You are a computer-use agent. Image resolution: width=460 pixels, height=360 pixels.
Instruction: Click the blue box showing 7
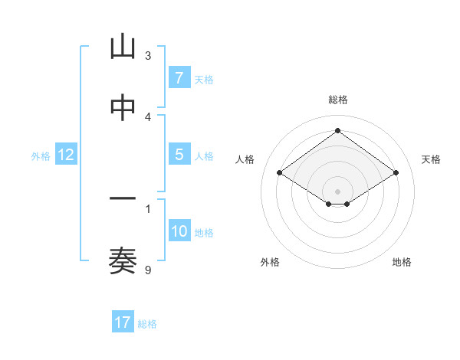pyautogui.click(x=179, y=78)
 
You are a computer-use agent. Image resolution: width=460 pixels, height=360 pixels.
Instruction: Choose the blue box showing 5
pyautogui.click(x=179, y=155)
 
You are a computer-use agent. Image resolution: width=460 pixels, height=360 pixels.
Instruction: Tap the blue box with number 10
pyautogui.click(x=179, y=231)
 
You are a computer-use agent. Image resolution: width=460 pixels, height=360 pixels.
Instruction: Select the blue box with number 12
pyautogui.click(x=66, y=155)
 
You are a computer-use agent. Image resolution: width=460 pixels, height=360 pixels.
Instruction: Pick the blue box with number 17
pyautogui.click(x=123, y=322)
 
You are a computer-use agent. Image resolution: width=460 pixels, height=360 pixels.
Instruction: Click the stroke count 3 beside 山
pyautogui.click(x=148, y=55)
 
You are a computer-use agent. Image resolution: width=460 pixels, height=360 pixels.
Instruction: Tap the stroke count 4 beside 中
pyautogui.click(x=148, y=116)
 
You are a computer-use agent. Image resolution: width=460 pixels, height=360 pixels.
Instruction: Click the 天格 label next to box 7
pyautogui.click(x=204, y=80)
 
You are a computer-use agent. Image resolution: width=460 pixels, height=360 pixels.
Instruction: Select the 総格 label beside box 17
pyautogui.click(x=147, y=324)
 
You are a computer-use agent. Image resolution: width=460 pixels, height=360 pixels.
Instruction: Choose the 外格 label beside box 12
pyautogui.click(x=41, y=156)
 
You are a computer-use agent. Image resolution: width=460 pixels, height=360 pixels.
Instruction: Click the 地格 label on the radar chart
pyautogui.click(x=402, y=262)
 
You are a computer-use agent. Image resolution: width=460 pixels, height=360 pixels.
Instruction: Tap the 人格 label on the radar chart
pyautogui.click(x=245, y=159)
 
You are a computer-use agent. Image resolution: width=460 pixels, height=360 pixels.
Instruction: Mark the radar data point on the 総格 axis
pyautogui.click(x=337, y=130)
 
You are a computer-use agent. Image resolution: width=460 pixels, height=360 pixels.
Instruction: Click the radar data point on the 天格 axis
pyautogui.click(x=396, y=173)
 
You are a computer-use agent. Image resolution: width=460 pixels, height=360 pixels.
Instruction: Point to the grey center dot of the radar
pyautogui.click(x=337, y=191)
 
